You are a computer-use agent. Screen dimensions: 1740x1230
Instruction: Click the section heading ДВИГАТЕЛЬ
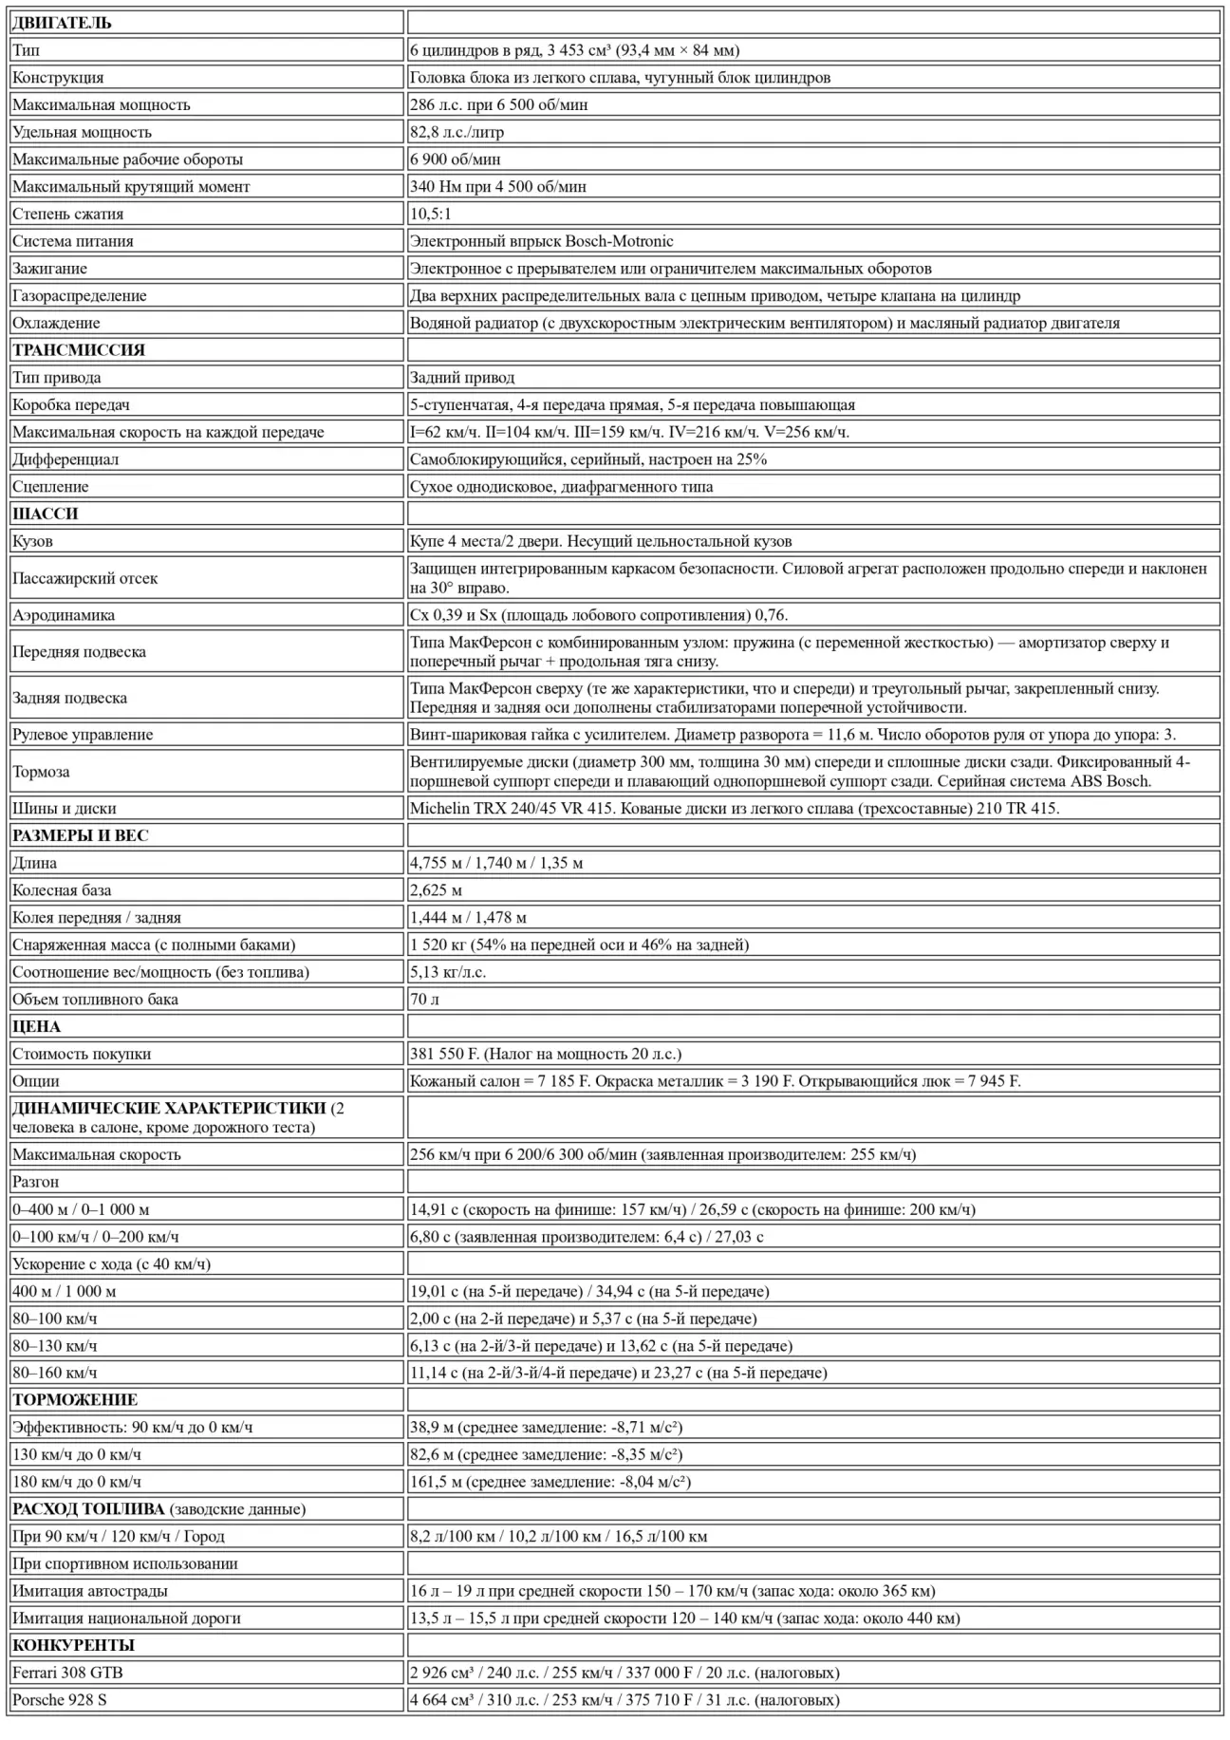pyautogui.click(x=62, y=23)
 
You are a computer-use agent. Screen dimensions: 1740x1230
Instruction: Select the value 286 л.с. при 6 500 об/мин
pyautogui.click(x=498, y=104)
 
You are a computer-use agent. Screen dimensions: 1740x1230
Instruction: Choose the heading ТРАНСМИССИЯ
pyautogui.click(x=79, y=350)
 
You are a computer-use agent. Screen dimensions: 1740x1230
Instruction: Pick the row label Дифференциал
pyautogui.click(x=65, y=459)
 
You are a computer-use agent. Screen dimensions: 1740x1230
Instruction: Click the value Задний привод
pyautogui.click(x=462, y=378)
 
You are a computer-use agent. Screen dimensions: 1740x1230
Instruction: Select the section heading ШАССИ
pyautogui.click(x=46, y=514)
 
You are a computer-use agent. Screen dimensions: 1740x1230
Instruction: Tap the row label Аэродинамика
pyautogui.click(x=64, y=615)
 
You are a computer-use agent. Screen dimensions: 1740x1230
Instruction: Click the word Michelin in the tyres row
pyautogui.click(x=438, y=809)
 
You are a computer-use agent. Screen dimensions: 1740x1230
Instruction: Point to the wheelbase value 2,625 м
pyautogui.click(x=437, y=890)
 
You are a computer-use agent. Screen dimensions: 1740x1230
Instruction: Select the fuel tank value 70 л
pyautogui.click(x=424, y=1000)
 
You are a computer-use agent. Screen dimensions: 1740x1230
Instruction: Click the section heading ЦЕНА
pyautogui.click(x=36, y=1026)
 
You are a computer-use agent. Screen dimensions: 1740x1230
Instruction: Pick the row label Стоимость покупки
pyautogui.click(x=82, y=1054)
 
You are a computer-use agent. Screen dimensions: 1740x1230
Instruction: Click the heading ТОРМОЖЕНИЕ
pyautogui.click(x=75, y=1400)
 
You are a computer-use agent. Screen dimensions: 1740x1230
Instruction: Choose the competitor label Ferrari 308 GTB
pyautogui.click(x=67, y=1673)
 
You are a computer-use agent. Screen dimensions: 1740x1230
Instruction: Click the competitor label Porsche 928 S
pyautogui.click(x=60, y=1700)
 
